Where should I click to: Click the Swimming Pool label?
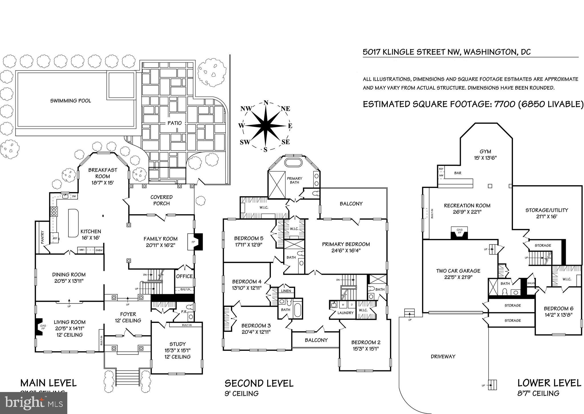click(70, 101)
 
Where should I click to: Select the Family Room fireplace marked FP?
click(194, 242)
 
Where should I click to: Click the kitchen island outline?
click(73, 223)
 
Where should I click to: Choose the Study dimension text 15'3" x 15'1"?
click(177, 350)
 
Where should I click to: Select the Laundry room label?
click(345, 313)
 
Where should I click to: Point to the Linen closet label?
click(286, 291)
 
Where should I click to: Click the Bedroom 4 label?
click(247, 282)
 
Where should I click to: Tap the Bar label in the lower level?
click(458, 173)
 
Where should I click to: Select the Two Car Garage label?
click(458, 271)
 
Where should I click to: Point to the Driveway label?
click(443, 356)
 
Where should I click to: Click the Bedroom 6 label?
click(558, 309)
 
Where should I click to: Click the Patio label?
click(175, 123)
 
